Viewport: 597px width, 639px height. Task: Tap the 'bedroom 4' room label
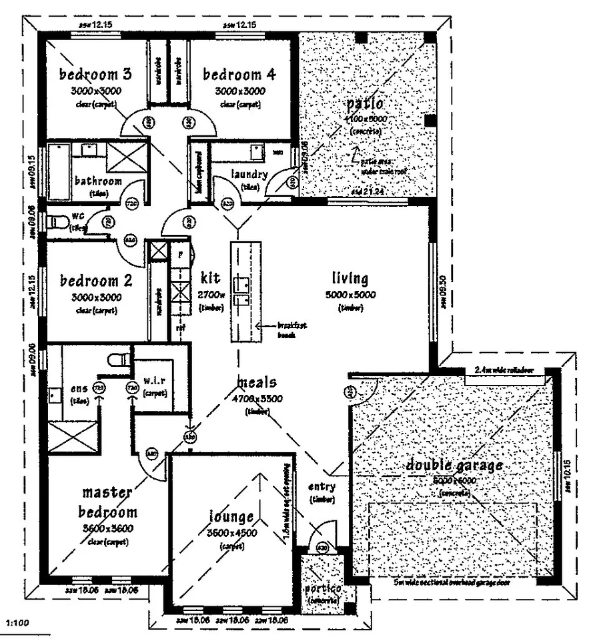click(x=239, y=73)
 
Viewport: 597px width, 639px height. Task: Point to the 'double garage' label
click(x=454, y=466)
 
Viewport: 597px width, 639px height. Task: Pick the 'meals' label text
click(x=257, y=384)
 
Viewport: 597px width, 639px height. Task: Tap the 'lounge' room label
click(x=230, y=517)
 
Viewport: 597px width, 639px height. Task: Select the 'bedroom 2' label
click(x=96, y=280)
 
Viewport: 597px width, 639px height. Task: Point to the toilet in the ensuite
click(x=119, y=361)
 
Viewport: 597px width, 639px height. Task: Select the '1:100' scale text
click(x=16, y=623)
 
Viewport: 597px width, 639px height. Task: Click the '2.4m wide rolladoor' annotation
click(x=504, y=370)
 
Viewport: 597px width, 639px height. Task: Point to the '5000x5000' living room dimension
click(x=350, y=294)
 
